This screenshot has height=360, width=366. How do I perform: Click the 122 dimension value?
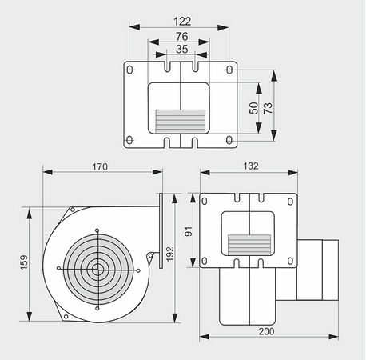pos(182,22)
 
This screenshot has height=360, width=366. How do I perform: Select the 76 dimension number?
pos(182,36)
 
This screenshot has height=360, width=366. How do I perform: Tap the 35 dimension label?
pos(182,49)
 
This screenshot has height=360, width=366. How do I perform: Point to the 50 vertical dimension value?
pos(254,108)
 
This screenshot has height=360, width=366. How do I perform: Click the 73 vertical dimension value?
pos(268,108)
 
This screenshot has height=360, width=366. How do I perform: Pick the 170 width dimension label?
pos(100,167)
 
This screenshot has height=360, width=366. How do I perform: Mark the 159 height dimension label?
pos(24,262)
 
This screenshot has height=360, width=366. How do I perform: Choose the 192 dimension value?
pos(169,254)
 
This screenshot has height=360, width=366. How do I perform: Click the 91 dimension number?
pos(189,231)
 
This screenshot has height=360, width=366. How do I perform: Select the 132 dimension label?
pos(251,166)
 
